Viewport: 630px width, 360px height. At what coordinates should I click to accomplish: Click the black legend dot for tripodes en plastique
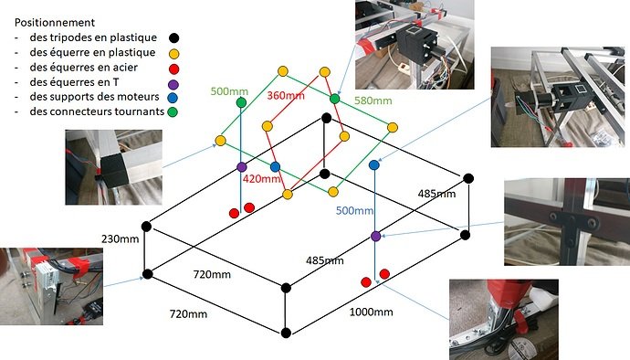click(174, 37)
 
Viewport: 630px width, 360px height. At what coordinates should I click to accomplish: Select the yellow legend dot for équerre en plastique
click(174, 54)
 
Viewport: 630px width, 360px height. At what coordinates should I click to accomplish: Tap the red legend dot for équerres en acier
click(174, 69)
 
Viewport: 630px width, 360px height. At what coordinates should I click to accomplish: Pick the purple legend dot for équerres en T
click(173, 84)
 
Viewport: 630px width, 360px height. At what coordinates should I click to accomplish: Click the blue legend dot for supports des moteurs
click(173, 98)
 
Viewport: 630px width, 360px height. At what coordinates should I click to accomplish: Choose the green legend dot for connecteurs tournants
click(173, 111)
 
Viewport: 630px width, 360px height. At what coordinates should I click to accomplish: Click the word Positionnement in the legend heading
click(55, 23)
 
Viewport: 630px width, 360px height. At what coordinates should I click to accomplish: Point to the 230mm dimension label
click(121, 238)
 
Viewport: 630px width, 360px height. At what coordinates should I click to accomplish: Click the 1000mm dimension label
click(372, 312)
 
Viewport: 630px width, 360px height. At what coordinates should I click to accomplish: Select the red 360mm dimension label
click(286, 96)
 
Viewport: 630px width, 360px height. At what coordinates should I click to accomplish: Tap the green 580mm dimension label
click(373, 101)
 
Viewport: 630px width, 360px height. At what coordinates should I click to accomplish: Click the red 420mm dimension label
click(261, 178)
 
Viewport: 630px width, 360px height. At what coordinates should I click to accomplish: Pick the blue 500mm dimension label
click(355, 210)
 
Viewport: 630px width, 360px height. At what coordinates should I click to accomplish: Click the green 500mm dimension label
click(229, 91)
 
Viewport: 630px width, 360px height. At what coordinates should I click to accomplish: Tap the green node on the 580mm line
click(335, 99)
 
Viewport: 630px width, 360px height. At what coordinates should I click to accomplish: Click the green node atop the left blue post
click(241, 102)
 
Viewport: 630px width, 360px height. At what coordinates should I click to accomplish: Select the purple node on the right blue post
click(375, 236)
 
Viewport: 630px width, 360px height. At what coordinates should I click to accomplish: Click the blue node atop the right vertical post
click(374, 164)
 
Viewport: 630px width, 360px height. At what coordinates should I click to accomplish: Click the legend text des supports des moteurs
click(94, 97)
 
